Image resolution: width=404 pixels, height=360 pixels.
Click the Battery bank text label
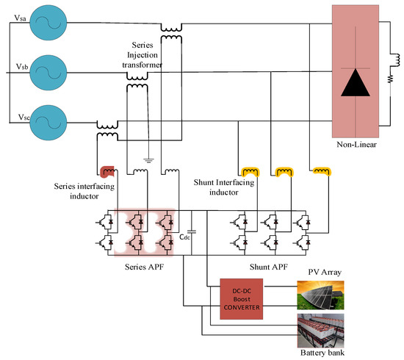(x=322, y=350)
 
